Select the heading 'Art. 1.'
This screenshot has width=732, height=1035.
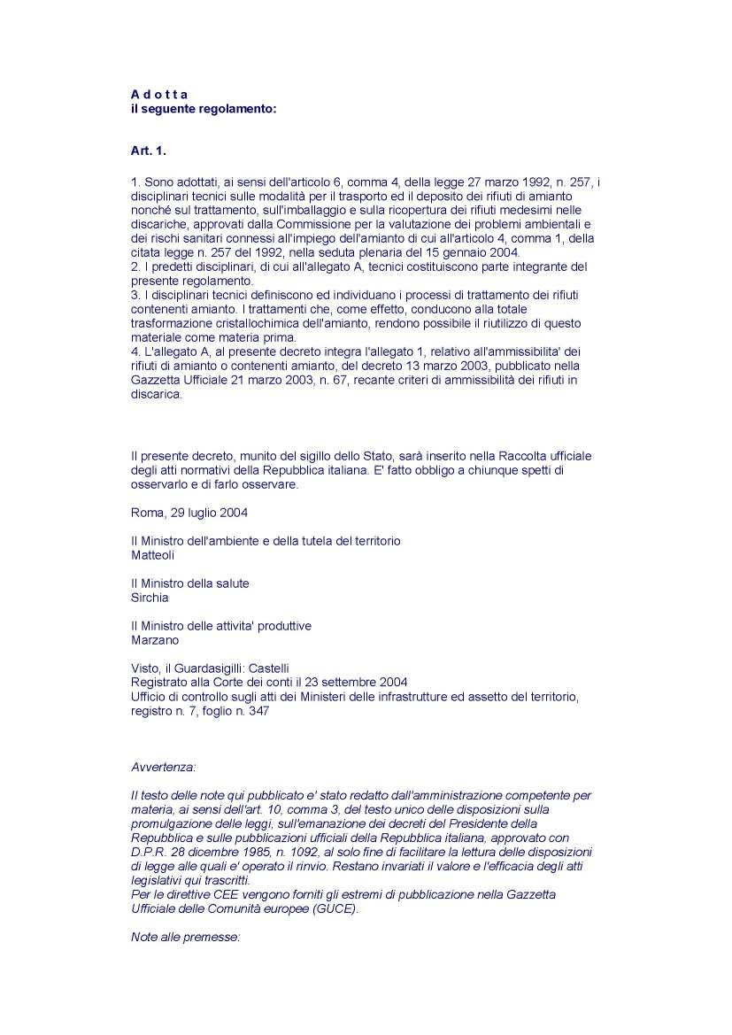[149, 151]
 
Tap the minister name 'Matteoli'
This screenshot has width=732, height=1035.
[152, 555]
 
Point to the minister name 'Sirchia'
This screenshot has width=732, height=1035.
[150, 598]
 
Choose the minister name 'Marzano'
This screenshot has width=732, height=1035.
[155, 640]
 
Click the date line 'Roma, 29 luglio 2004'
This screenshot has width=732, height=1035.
[189, 513]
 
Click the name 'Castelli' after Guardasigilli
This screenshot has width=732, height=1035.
[267, 668]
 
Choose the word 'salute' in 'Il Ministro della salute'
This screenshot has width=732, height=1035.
[231, 583]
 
